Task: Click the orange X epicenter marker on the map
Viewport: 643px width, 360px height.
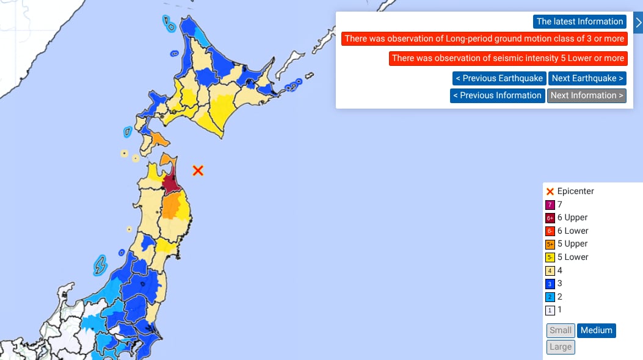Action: [198, 170]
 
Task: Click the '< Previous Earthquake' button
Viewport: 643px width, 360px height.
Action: [499, 78]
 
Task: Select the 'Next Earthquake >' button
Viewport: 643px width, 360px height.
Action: [587, 78]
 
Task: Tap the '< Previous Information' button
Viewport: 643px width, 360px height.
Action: [498, 96]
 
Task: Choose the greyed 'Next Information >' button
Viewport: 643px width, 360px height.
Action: [587, 96]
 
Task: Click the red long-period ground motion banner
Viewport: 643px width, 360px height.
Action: [484, 39]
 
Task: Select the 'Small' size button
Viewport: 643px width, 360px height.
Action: [560, 331]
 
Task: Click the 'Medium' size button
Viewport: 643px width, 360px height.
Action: [596, 331]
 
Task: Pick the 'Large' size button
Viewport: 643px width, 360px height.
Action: [560, 347]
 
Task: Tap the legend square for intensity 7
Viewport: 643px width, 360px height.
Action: [550, 205]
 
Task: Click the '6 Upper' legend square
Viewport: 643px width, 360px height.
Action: [550, 218]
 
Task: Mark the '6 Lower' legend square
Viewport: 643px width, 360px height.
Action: [550, 231]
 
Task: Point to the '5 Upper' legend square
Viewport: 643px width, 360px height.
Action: [550, 244]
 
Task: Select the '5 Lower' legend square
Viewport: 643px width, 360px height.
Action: [550, 257]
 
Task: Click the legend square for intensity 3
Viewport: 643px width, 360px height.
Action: [550, 284]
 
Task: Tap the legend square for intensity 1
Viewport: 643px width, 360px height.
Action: [550, 310]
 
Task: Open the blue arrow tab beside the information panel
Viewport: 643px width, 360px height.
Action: [638, 23]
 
